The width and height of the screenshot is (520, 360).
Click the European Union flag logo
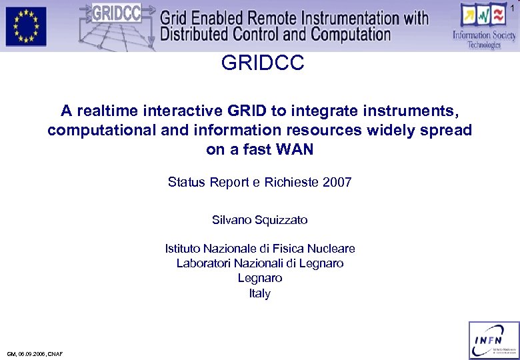click(26, 26)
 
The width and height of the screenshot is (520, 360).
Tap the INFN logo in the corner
click(494, 340)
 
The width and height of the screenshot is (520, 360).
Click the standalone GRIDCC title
click(262, 63)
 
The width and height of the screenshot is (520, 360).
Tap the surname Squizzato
click(278, 219)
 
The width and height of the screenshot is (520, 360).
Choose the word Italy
click(260, 293)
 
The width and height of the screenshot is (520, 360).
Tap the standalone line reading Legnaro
click(260, 278)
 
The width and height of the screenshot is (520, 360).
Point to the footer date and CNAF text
click(35, 354)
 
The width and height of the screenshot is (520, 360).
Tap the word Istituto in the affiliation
click(183, 249)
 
